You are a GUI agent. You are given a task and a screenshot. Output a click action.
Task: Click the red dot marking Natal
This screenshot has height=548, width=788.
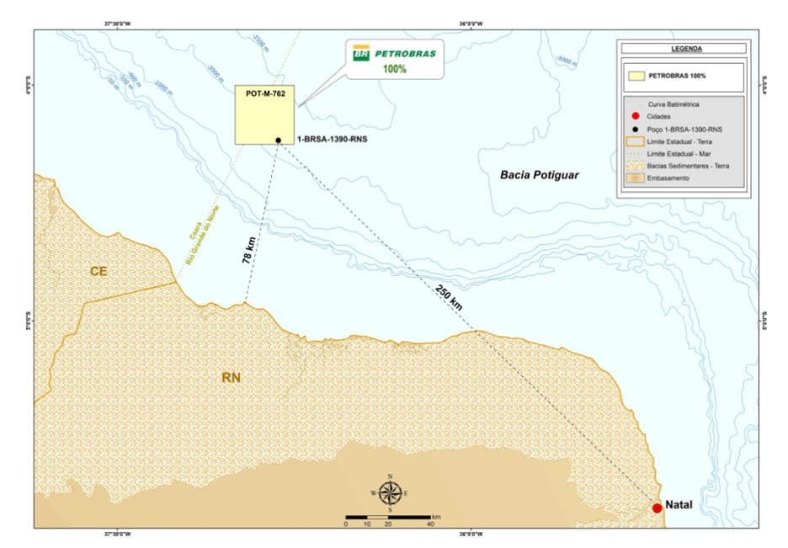point(657,508)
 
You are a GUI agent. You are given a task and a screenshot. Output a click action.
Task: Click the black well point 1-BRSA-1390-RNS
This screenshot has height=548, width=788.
point(277,141)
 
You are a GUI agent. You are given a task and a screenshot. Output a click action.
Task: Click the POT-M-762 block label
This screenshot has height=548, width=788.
point(264,94)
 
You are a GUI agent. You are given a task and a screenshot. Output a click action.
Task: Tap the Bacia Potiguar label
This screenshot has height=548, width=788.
point(540,175)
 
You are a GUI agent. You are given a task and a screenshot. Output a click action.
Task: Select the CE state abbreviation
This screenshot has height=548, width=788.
point(100,271)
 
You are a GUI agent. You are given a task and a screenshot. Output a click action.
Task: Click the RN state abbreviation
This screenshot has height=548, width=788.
point(232,378)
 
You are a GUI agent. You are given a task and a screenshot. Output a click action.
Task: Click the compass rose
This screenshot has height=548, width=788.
point(390,492)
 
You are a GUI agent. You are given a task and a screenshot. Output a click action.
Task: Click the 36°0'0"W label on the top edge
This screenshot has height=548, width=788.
point(470,23)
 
